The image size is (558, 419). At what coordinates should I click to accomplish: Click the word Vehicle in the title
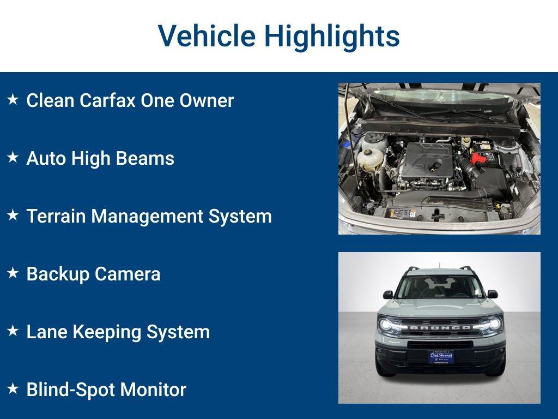pos(207,36)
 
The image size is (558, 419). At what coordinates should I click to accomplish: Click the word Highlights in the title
pos(332,36)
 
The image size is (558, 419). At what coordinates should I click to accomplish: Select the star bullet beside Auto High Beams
pos(13,158)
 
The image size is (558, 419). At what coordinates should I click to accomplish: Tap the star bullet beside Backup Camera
pos(13,273)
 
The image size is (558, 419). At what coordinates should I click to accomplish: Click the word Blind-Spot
pos(70,390)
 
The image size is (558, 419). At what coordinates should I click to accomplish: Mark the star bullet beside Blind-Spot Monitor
pos(13,389)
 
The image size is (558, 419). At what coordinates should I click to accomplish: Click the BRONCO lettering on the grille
pos(440,327)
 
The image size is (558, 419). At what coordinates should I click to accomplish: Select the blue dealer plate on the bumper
pos(440,356)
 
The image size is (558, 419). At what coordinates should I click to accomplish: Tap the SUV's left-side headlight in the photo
pos(388,324)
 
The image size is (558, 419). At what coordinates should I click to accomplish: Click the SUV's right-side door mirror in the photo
pos(493,294)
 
